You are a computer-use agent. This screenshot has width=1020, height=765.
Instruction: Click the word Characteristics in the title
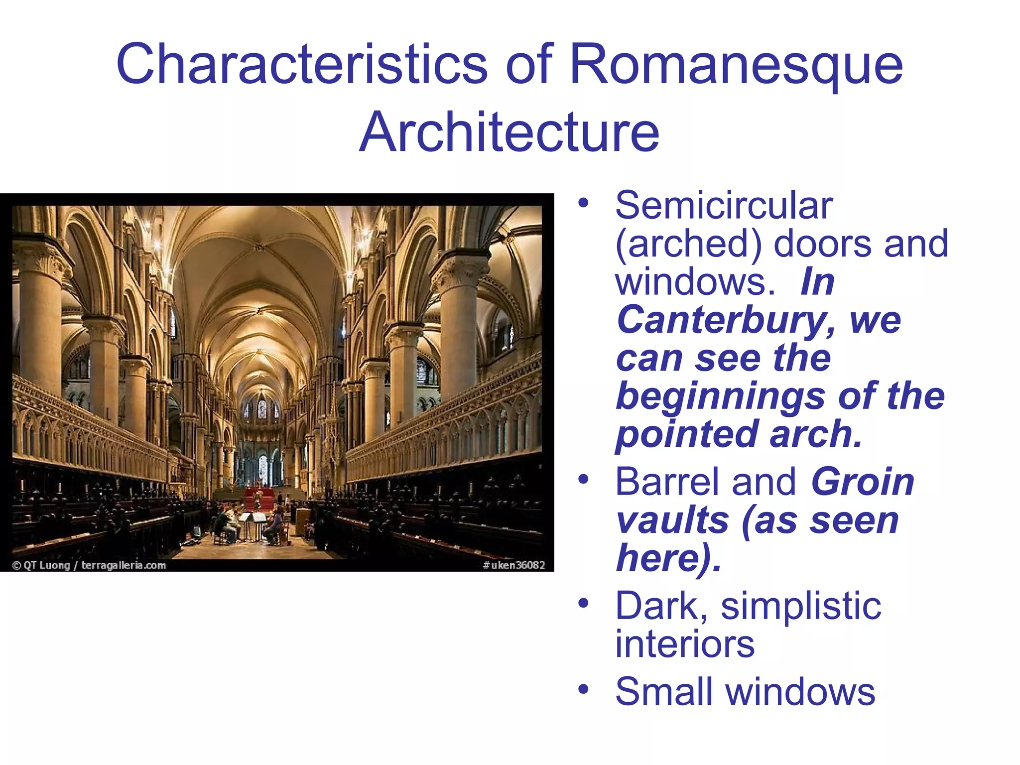[301, 65]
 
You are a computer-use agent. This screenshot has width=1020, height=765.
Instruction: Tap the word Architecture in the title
[509, 132]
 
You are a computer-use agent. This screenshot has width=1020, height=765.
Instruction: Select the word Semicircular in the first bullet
[724, 205]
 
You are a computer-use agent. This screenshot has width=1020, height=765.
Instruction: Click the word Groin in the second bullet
[863, 482]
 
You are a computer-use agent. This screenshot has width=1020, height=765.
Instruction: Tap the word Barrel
[668, 482]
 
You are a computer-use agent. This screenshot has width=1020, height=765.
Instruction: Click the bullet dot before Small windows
[583, 690]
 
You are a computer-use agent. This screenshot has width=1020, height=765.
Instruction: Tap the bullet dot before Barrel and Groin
[583, 480]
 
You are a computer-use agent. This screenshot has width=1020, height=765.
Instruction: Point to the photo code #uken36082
[513, 565]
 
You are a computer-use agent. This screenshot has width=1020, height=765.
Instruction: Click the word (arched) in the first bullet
[688, 244]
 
